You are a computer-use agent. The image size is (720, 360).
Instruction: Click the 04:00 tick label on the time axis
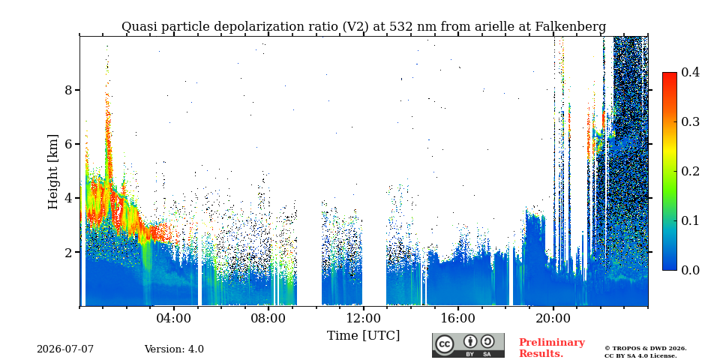pos(174,319)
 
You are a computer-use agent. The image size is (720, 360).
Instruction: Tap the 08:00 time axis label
pos(268,319)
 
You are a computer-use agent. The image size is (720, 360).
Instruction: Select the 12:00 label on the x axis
pos(363,319)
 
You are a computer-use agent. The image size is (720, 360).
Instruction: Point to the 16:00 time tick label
pos(458,319)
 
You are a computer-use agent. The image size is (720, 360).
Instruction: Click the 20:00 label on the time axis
pos(553,319)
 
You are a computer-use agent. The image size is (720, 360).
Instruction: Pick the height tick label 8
pos(69,89)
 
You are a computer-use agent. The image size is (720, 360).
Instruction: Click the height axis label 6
pos(69,144)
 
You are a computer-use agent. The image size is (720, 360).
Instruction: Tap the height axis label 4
pos(69,198)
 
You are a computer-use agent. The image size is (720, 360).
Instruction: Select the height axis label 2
pos(69,252)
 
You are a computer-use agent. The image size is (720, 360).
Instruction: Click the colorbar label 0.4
pos(690,72)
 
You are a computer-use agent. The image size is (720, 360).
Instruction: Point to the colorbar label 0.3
pos(690,121)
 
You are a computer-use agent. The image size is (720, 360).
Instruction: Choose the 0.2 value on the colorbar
pos(690,171)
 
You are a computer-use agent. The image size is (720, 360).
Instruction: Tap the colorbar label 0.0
pos(690,270)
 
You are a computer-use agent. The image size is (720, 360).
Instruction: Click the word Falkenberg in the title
pos(570,27)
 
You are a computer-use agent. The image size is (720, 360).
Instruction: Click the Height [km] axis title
pos(53,172)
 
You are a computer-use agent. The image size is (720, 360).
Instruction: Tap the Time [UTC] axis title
pos(363,336)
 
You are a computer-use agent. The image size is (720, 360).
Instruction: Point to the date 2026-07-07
pos(65,349)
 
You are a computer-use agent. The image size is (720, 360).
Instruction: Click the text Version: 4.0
pos(174,349)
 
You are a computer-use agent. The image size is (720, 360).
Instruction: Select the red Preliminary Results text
pos(552,348)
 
